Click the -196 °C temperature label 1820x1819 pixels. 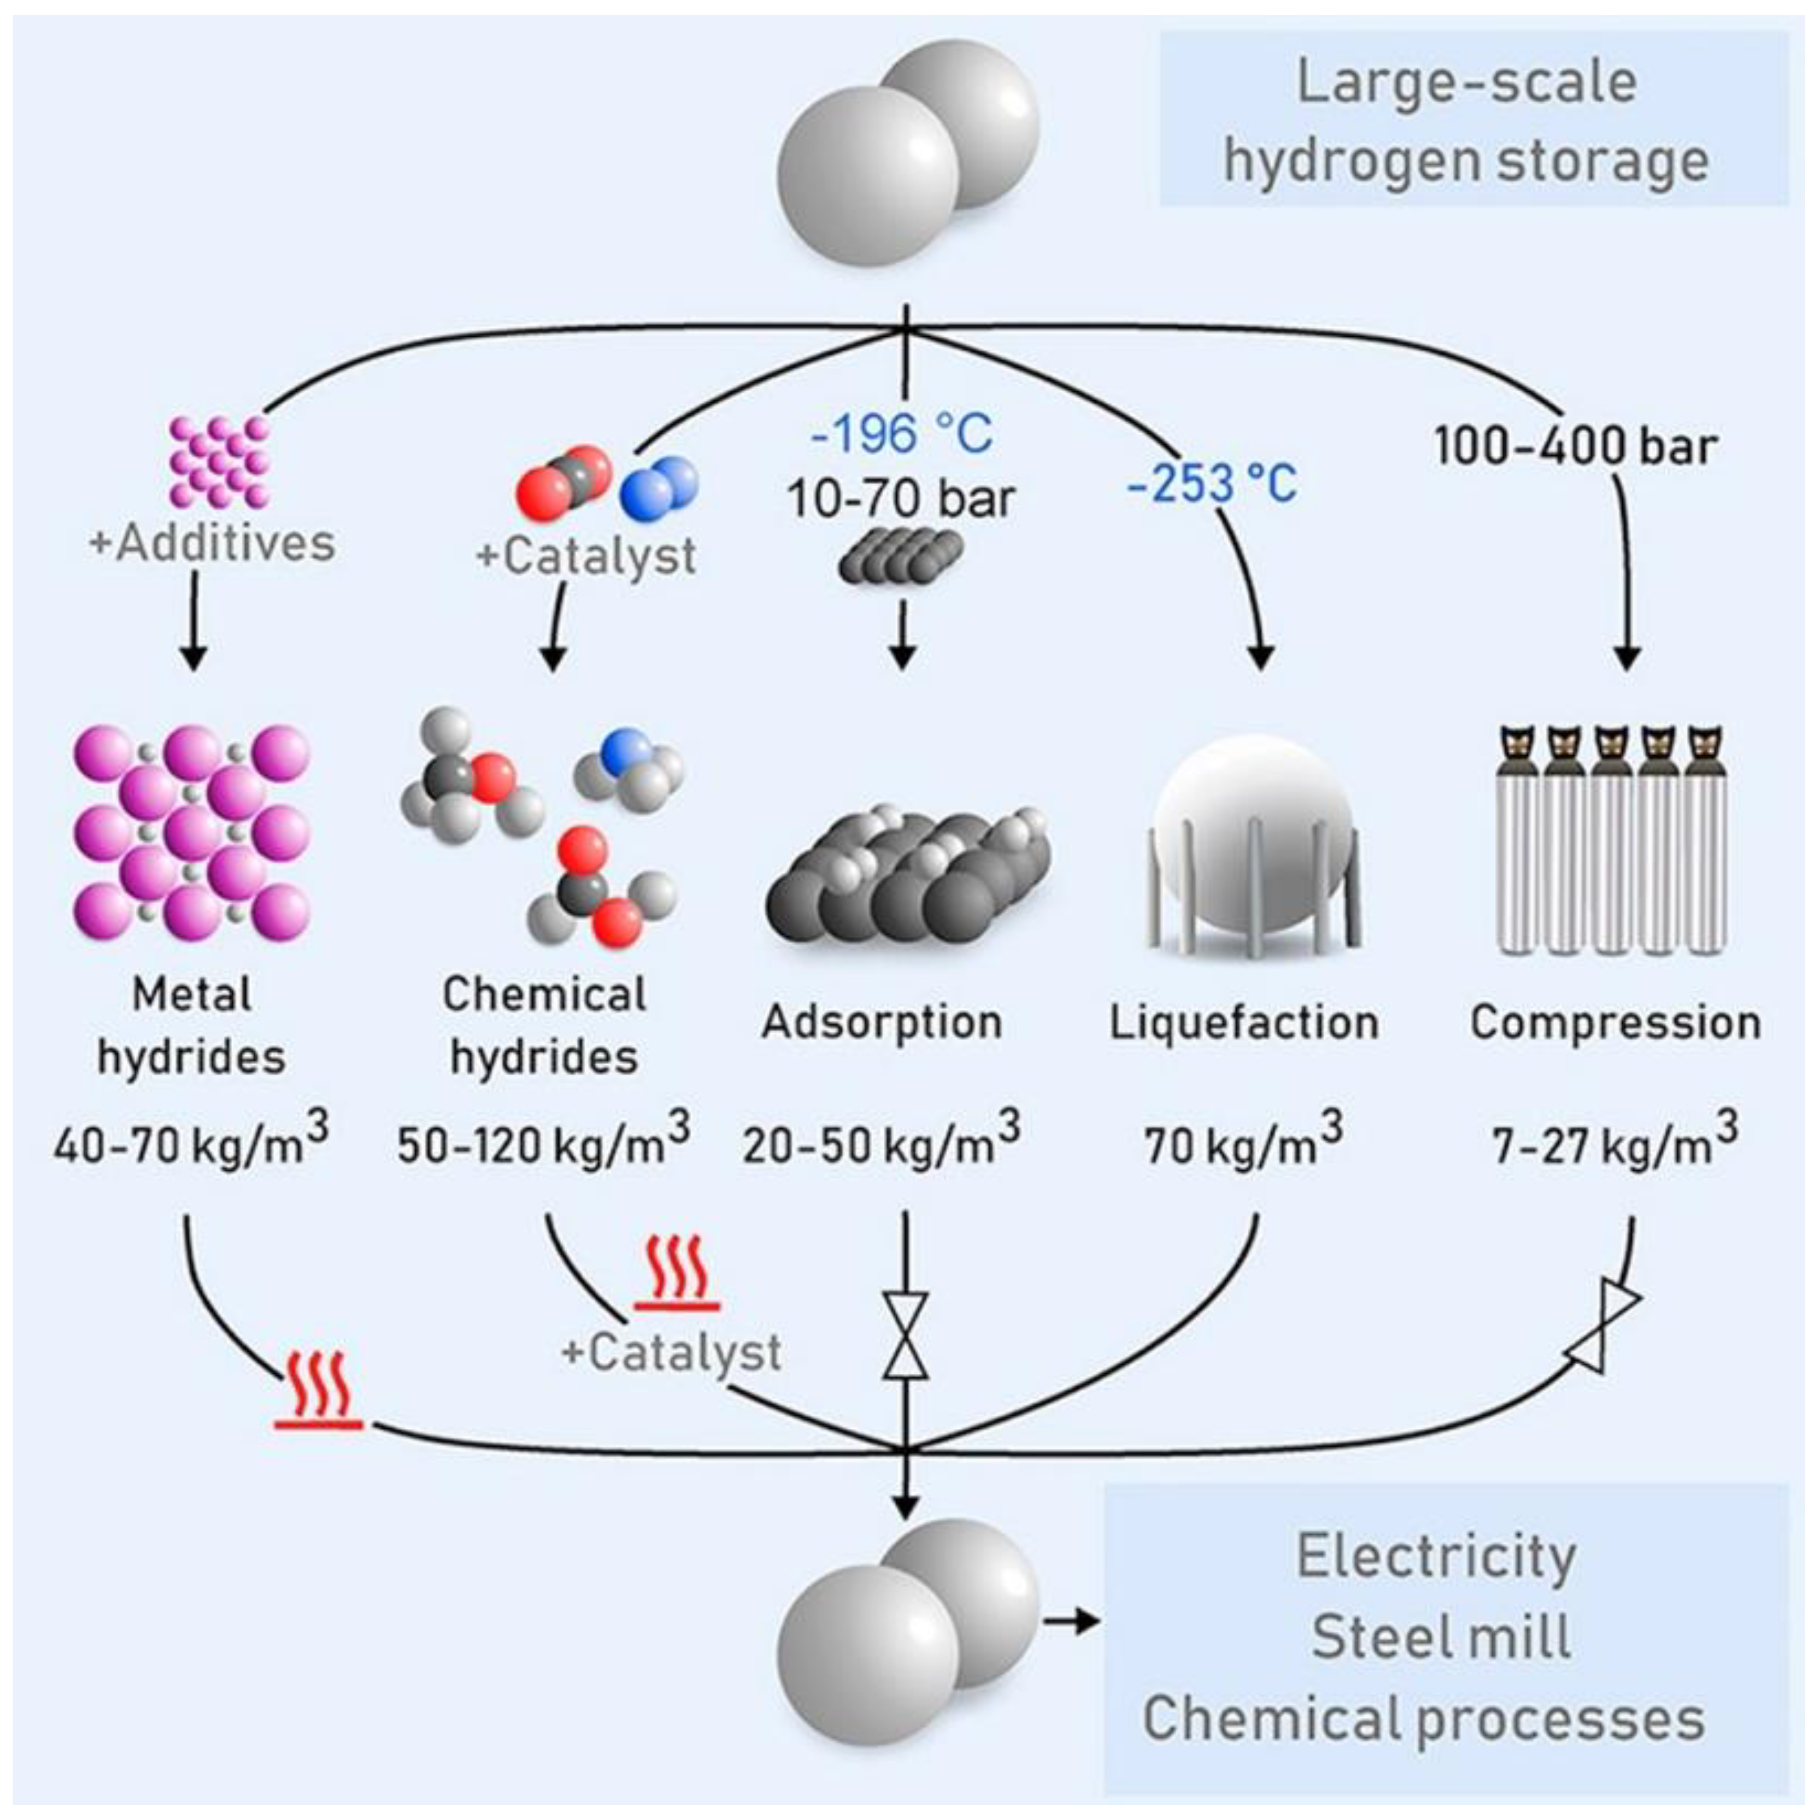pos(901,434)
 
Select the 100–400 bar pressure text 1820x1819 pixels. pos(1575,446)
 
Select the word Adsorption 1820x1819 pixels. pos(882,1022)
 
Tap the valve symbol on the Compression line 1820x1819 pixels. pos(1603,1331)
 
